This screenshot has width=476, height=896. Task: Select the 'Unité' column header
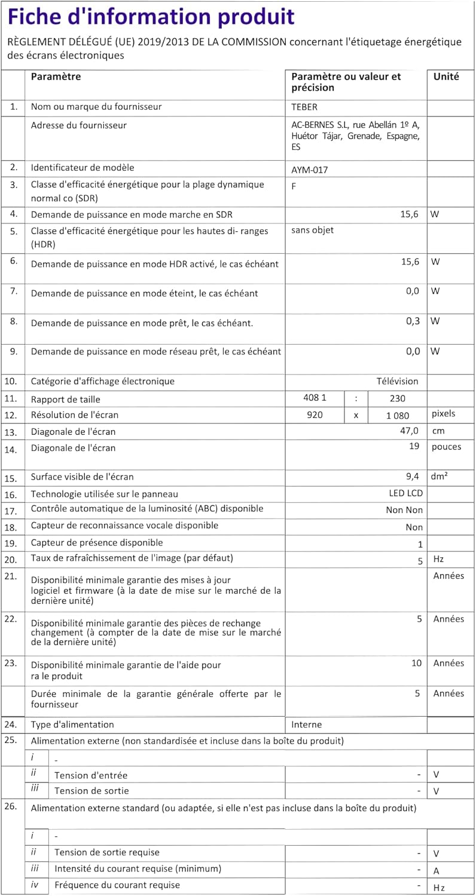pyautogui.click(x=446, y=76)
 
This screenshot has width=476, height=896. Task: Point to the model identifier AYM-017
pyautogui.click(x=309, y=170)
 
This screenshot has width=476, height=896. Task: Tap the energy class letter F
pyautogui.click(x=294, y=186)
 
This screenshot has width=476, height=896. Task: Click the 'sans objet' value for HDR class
pyautogui.click(x=312, y=230)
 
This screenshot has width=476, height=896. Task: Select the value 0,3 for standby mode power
pyautogui.click(x=413, y=321)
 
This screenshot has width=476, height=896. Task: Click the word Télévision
pyautogui.click(x=397, y=381)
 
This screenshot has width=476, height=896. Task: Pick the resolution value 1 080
pyautogui.click(x=392, y=415)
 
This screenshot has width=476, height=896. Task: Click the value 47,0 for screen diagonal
pyautogui.click(x=410, y=431)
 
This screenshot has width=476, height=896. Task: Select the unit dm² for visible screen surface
pyautogui.click(x=440, y=477)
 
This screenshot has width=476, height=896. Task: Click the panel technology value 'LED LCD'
pyautogui.click(x=405, y=494)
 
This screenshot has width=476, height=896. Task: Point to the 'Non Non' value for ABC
pyautogui.click(x=404, y=510)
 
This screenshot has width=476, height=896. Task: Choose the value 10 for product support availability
pyautogui.click(x=416, y=663)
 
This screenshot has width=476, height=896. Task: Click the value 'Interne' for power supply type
pyautogui.click(x=306, y=725)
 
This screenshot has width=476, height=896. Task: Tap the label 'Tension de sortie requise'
pyautogui.click(x=107, y=852)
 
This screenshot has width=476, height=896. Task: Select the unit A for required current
pyautogui.click(x=436, y=870)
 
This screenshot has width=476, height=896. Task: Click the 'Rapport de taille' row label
pyautogui.click(x=66, y=399)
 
